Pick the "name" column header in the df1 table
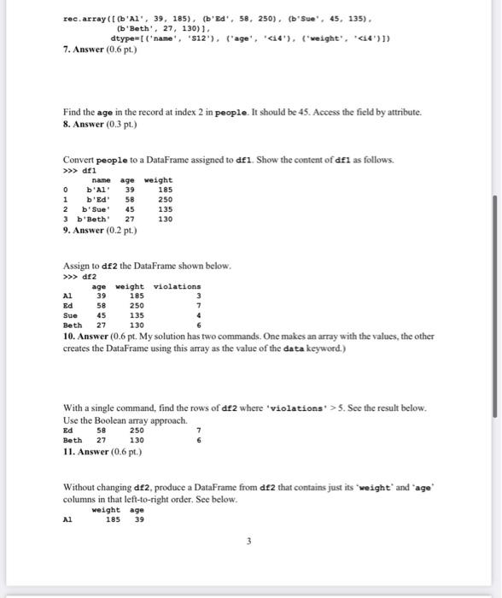pos(102,180)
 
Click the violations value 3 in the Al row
pos(197,296)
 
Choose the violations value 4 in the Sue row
pos(197,315)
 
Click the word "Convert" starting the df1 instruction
pos(79,160)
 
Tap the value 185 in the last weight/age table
pos(113,519)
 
